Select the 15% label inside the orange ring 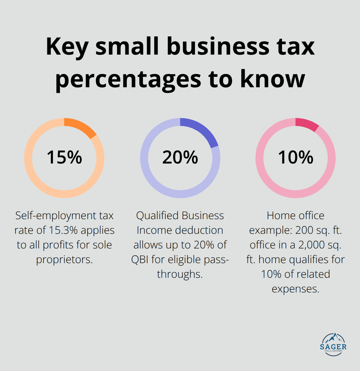tap(64, 157)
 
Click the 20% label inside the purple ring tap(180, 157)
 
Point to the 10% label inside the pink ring tap(295, 157)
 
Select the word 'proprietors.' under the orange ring tap(64, 259)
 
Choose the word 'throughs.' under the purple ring tap(180, 274)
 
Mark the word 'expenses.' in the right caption tap(295, 289)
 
